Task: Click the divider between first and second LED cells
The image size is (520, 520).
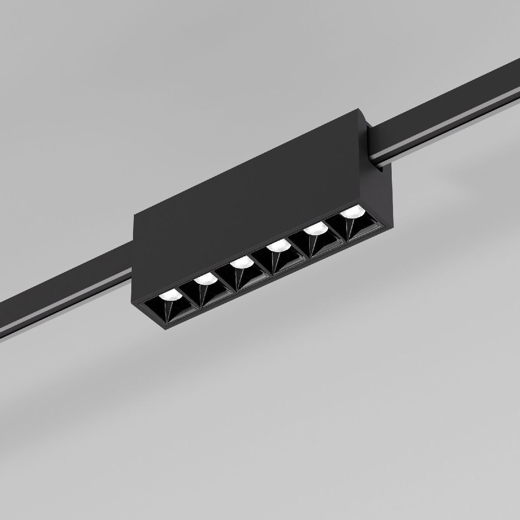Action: [x=183, y=295]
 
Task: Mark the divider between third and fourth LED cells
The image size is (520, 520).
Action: [x=256, y=262]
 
